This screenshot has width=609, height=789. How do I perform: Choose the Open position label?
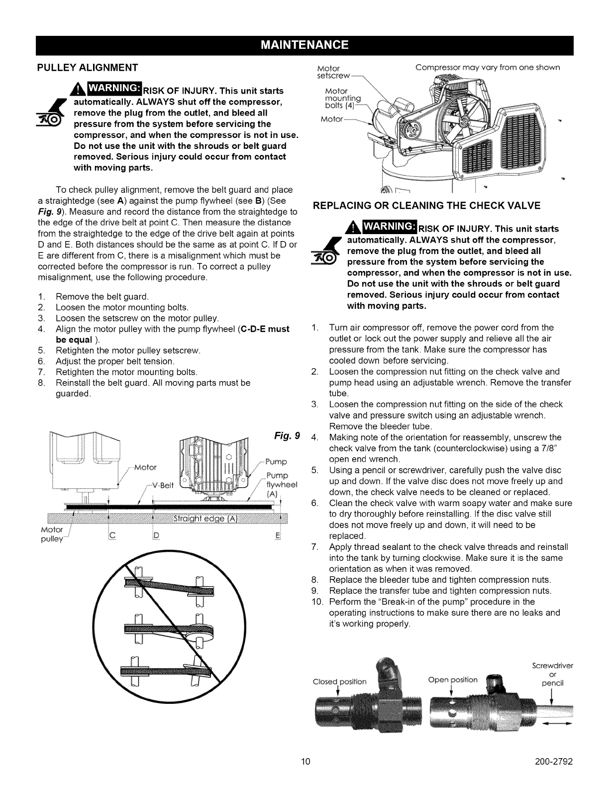point(453,679)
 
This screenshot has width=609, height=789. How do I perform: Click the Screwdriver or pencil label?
point(552,674)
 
